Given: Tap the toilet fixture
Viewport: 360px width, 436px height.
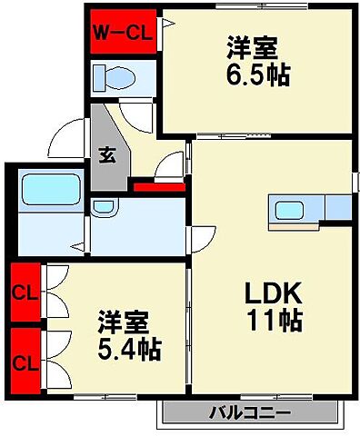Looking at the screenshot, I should [116, 75].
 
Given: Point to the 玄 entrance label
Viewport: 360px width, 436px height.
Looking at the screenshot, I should [106, 154].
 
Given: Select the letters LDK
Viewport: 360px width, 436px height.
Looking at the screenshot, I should [270, 293].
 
